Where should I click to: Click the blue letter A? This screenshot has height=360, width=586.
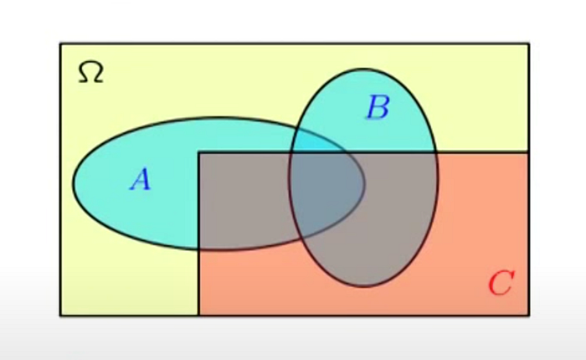pyautogui.click(x=141, y=179)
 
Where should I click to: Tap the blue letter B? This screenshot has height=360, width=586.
pyautogui.click(x=378, y=107)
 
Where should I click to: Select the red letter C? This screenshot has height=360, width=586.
pyautogui.click(x=501, y=283)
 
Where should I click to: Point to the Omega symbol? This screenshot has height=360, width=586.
pyautogui.click(x=90, y=72)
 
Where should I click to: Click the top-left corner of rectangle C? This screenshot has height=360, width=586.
pyautogui.click(x=199, y=152)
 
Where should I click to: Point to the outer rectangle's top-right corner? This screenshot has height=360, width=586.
pyautogui.click(x=528, y=44)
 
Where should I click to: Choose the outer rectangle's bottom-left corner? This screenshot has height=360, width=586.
pyautogui.click(x=60, y=316)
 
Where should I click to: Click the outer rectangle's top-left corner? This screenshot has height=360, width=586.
pyautogui.click(x=60, y=44)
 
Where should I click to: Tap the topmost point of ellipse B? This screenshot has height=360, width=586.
pyautogui.click(x=363, y=69)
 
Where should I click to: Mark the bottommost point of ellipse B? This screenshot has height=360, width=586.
pyautogui.click(x=363, y=286)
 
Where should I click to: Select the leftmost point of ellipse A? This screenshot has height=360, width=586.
pyautogui.click(x=74, y=183)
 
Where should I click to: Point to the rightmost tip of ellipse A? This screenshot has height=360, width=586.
pyautogui.click(x=364, y=183)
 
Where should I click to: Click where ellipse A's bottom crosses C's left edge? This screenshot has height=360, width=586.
pyautogui.click(x=199, y=249)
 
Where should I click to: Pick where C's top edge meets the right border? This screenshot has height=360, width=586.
pyautogui.click(x=528, y=152)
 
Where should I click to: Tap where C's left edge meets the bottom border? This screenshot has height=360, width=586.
pyautogui.click(x=199, y=316)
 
